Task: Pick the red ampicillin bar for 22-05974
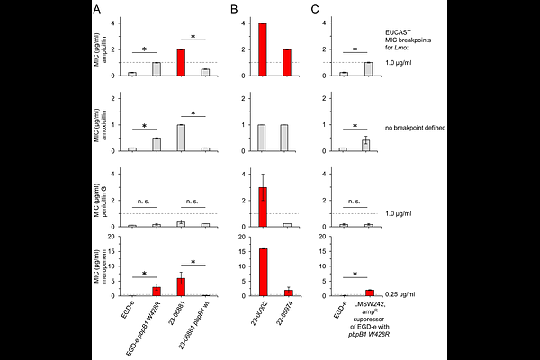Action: pos(285,62)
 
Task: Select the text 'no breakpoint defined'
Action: pos(427,128)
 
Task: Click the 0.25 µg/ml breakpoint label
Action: pos(416,293)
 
